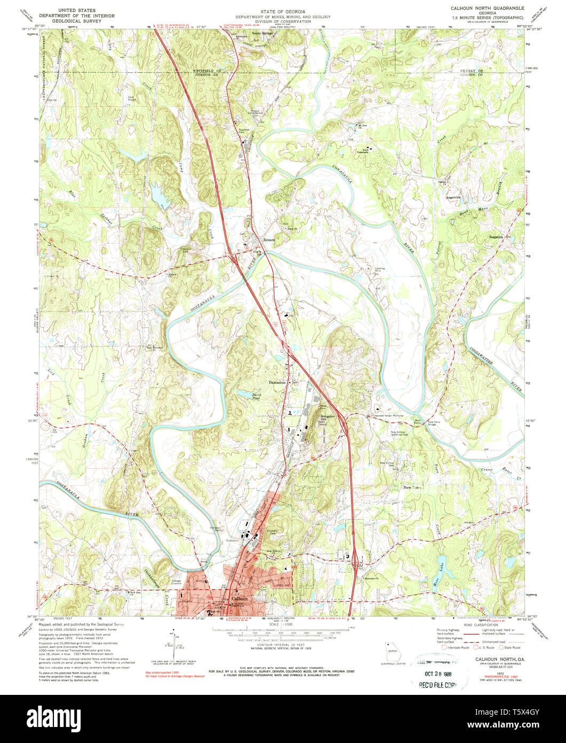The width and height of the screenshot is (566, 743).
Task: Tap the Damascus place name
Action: [x=278, y=383]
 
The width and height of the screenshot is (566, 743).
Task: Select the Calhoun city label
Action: [x=238, y=599]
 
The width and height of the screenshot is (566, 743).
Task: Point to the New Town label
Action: [x=412, y=487]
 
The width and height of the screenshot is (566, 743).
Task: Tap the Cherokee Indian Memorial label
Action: [x=387, y=415]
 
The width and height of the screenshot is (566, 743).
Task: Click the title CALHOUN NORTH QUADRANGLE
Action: [x=487, y=9]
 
